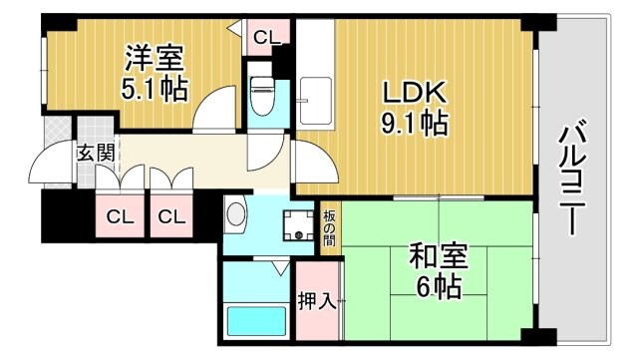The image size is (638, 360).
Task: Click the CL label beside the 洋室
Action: [264, 38]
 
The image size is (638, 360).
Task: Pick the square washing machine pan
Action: [297, 226]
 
